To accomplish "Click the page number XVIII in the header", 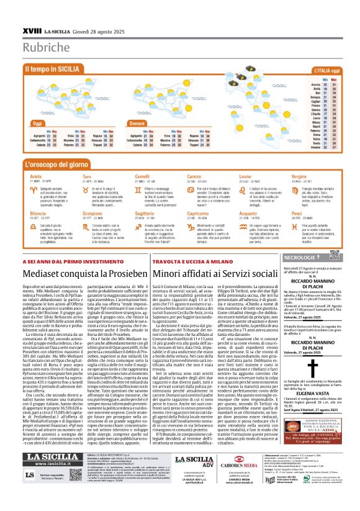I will [x=30, y=12].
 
